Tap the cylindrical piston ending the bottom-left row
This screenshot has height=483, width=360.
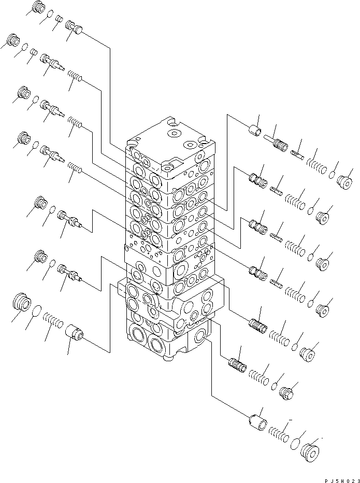(75, 332)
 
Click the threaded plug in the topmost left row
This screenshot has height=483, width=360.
(38, 7)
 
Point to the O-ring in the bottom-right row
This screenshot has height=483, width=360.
(295, 444)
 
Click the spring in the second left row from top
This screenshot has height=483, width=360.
(76, 78)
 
